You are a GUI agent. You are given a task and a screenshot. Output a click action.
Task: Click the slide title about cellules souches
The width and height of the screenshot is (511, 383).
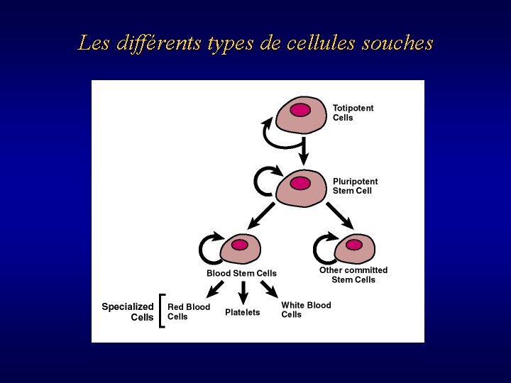255,44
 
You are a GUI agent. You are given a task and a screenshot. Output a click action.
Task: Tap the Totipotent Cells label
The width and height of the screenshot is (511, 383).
353,113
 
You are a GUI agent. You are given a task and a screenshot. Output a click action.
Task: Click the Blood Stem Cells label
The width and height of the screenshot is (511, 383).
241,273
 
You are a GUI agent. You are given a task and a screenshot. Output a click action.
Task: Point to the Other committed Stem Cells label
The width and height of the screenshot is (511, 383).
353,274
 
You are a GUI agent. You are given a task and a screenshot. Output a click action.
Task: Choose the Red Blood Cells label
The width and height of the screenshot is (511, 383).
189,311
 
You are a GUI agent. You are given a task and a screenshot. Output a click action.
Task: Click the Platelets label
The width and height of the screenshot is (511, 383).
243,312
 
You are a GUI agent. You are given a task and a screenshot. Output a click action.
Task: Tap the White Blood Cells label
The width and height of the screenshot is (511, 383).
306,310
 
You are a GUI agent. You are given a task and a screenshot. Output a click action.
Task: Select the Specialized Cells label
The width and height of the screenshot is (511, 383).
128,312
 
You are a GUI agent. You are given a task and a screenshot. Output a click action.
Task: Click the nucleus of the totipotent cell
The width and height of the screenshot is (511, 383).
301,110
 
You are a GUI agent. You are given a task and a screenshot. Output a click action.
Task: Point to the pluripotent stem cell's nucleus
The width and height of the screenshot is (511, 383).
301,183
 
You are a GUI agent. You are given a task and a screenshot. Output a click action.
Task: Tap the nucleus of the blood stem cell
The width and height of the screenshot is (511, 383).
240,245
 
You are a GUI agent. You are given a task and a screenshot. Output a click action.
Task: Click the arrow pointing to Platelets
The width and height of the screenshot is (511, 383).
243,292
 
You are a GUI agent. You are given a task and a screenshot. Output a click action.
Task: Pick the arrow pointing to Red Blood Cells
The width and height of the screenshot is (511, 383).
214,289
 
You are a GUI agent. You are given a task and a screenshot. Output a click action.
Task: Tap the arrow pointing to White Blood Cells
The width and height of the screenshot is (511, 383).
269,288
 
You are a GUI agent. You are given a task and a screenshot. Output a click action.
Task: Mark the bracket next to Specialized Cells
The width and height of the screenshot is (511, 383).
163,311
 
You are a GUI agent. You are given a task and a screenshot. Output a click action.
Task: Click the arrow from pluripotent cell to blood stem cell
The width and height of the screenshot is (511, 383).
260,215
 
